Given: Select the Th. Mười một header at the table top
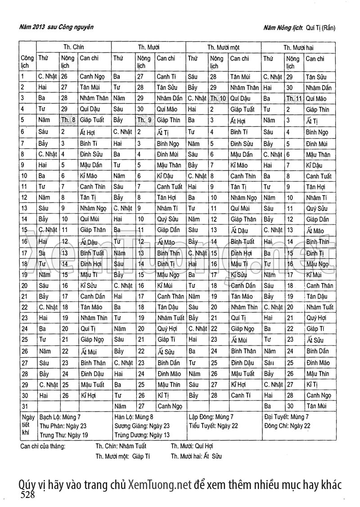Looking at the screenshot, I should click(223, 47).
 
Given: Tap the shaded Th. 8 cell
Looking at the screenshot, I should click(68, 120).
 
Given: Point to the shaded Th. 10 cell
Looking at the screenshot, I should click(218, 98).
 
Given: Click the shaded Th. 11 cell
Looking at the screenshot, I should click(294, 98).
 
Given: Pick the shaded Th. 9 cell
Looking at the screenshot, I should click(144, 120).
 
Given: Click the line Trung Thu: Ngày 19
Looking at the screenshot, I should click(63, 435).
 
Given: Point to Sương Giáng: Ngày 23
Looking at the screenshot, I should click(142, 426).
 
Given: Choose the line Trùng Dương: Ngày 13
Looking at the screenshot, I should click(142, 435).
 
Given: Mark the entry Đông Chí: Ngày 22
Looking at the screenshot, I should click(287, 426).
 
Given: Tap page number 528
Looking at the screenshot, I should click(27, 495).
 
